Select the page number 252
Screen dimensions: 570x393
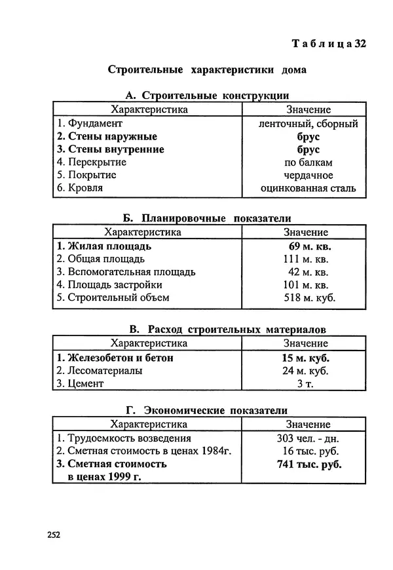click(x=54, y=534)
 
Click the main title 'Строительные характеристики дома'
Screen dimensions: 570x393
click(x=206, y=69)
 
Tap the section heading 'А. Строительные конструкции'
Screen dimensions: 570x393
click(x=206, y=96)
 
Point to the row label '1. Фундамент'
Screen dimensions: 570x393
click(x=90, y=123)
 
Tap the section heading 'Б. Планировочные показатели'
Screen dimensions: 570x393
click(x=206, y=218)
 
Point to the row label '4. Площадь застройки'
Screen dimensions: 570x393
click(x=109, y=285)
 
